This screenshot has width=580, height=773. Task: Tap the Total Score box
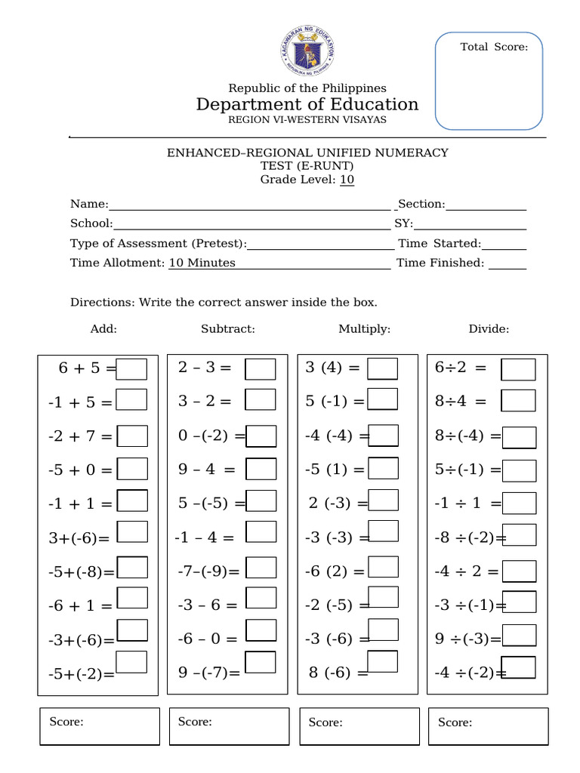point(489,80)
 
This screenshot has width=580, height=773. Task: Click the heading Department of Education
point(307,104)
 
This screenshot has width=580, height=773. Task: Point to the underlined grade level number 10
point(347,180)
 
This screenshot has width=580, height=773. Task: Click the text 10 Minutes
point(202,263)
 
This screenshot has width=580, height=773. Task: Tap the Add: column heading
point(103,329)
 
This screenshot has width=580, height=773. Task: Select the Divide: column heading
point(489,329)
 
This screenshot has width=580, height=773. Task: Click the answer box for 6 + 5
point(132,369)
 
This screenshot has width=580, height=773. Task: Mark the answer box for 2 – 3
point(261,369)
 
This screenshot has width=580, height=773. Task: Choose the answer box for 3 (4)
point(382,368)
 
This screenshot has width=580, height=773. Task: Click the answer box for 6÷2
point(519,369)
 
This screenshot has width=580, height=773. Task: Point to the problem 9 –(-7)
point(209,672)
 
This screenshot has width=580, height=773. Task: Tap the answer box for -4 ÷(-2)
point(519,668)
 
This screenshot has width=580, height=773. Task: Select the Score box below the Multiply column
point(359,726)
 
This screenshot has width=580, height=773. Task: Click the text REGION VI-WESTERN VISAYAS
point(307,120)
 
